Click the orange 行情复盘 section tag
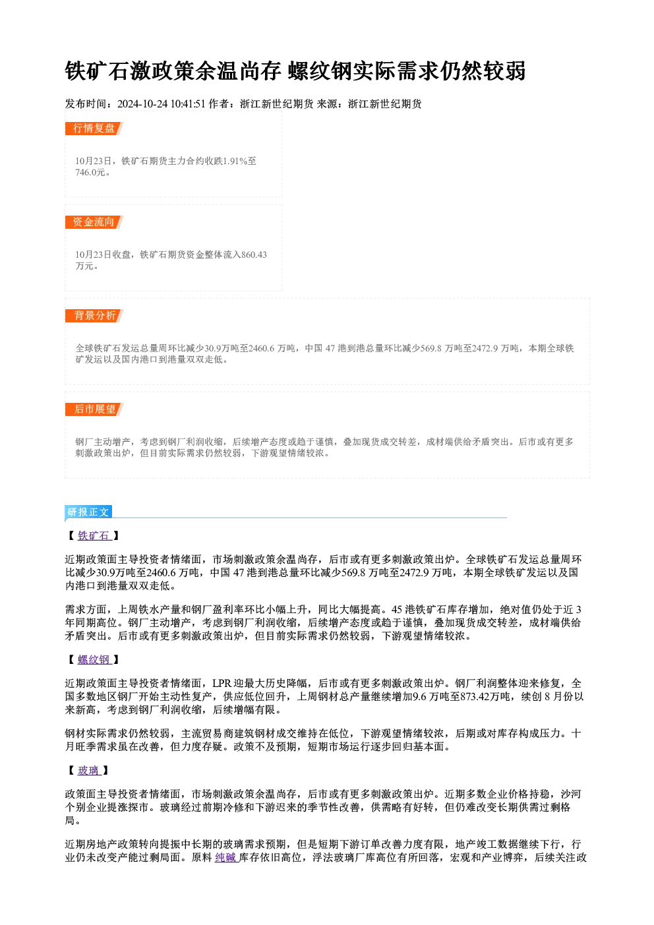94,129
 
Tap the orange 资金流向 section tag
94,222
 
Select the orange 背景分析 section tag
94,316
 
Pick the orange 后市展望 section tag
94,409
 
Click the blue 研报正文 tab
88,512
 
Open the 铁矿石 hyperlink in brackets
94,536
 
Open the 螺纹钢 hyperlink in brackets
94,660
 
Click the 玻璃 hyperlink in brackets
89,771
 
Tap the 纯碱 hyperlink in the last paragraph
227,858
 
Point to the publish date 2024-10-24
142,104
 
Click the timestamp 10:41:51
188,104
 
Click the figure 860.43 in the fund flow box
254,254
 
